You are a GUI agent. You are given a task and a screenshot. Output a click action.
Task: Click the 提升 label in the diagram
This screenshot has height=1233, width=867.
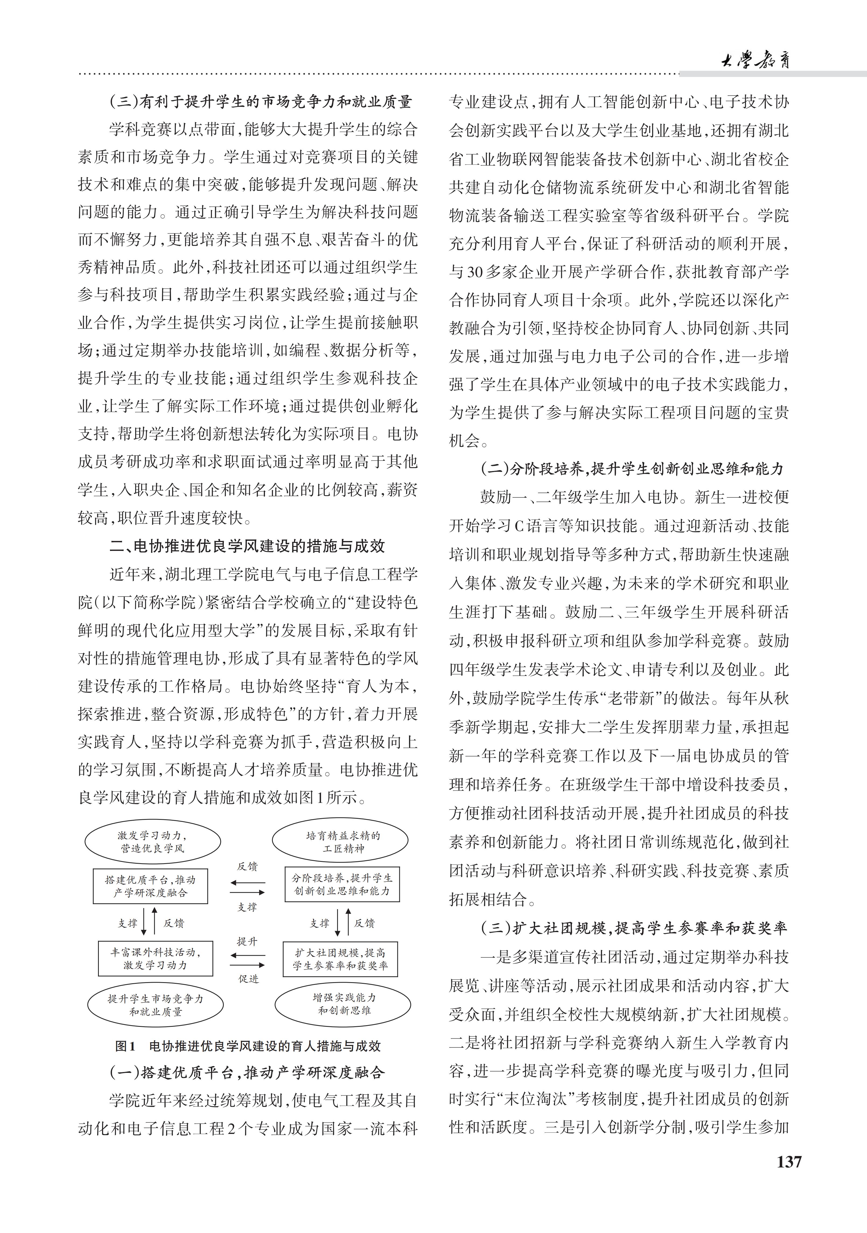point(247,942)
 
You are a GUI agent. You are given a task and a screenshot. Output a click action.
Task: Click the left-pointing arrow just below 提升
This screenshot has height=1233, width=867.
point(247,955)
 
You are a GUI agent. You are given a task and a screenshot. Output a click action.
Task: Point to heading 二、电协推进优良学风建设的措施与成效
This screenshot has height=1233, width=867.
point(247,546)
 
